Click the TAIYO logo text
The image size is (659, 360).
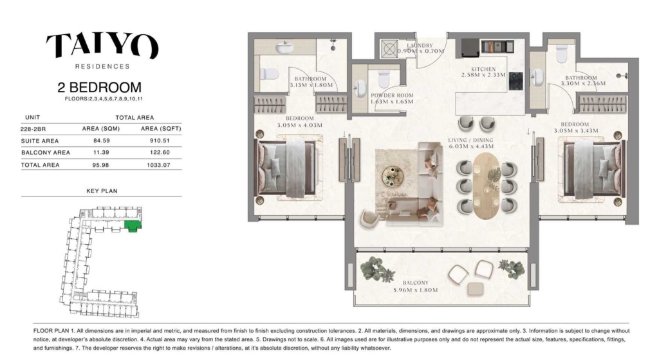point(102,46)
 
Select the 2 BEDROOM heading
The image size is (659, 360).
point(100,88)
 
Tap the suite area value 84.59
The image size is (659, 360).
point(101,141)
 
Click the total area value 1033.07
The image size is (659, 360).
point(158,165)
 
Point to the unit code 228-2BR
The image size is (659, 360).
point(33,129)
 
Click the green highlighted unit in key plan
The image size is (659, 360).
point(133,226)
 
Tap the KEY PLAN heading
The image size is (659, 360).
point(102,191)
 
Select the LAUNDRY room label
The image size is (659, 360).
point(420,46)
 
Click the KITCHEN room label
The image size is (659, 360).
point(483,69)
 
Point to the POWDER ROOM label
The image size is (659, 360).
point(392,95)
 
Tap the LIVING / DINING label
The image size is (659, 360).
point(470,140)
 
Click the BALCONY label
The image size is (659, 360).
point(415,283)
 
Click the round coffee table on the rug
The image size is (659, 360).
point(393,176)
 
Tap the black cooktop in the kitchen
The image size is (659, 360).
point(516,81)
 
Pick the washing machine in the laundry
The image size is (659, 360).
point(389,49)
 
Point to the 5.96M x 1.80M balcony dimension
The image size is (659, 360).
point(415,290)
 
